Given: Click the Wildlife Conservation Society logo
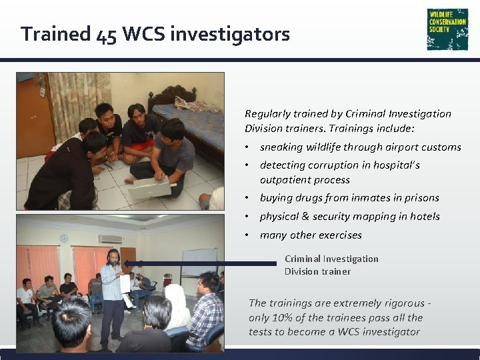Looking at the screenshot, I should (x=447, y=29).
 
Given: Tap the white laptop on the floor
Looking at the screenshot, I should (x=149, y=189).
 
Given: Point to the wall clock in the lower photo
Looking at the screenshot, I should (x=64, y=238).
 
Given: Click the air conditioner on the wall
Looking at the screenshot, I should (x=111, y=239).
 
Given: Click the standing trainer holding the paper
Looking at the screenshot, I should (x=113, y=293).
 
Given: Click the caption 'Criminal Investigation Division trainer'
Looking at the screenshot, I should (x=331, y=265).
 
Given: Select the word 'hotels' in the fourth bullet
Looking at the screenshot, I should (x=425, y=216).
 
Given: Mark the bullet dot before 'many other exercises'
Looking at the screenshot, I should (x=247, y=235).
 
